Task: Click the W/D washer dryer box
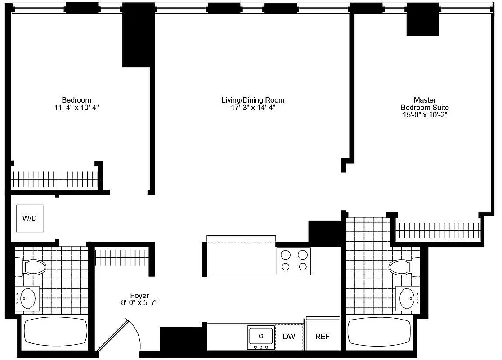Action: tap(30, 218)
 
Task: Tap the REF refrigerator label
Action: tap(322, 337)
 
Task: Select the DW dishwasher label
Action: tap(289, 337)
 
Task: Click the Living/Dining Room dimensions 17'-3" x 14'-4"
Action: tap(253, 108)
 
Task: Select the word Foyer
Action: tap(139, 296)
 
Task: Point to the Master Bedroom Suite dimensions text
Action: tap(425, 115)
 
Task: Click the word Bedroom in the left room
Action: tap(76, 100)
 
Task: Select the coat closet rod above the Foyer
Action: tap(121, 258)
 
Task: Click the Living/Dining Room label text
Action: tap(253, 100)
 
